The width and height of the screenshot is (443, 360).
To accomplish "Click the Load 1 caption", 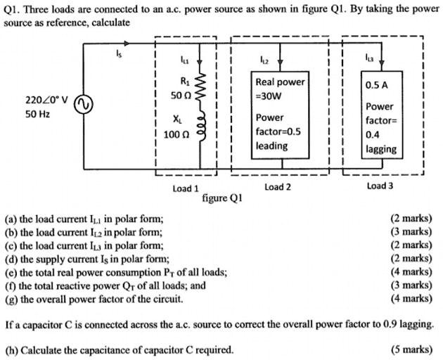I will click(x=186, y=188).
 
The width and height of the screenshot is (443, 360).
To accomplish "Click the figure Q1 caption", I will click(x=222, y=198).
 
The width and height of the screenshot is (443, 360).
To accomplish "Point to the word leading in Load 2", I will click(x=271, y=146).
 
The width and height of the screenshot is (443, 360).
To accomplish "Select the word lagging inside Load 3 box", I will click(x=381, y=148).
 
